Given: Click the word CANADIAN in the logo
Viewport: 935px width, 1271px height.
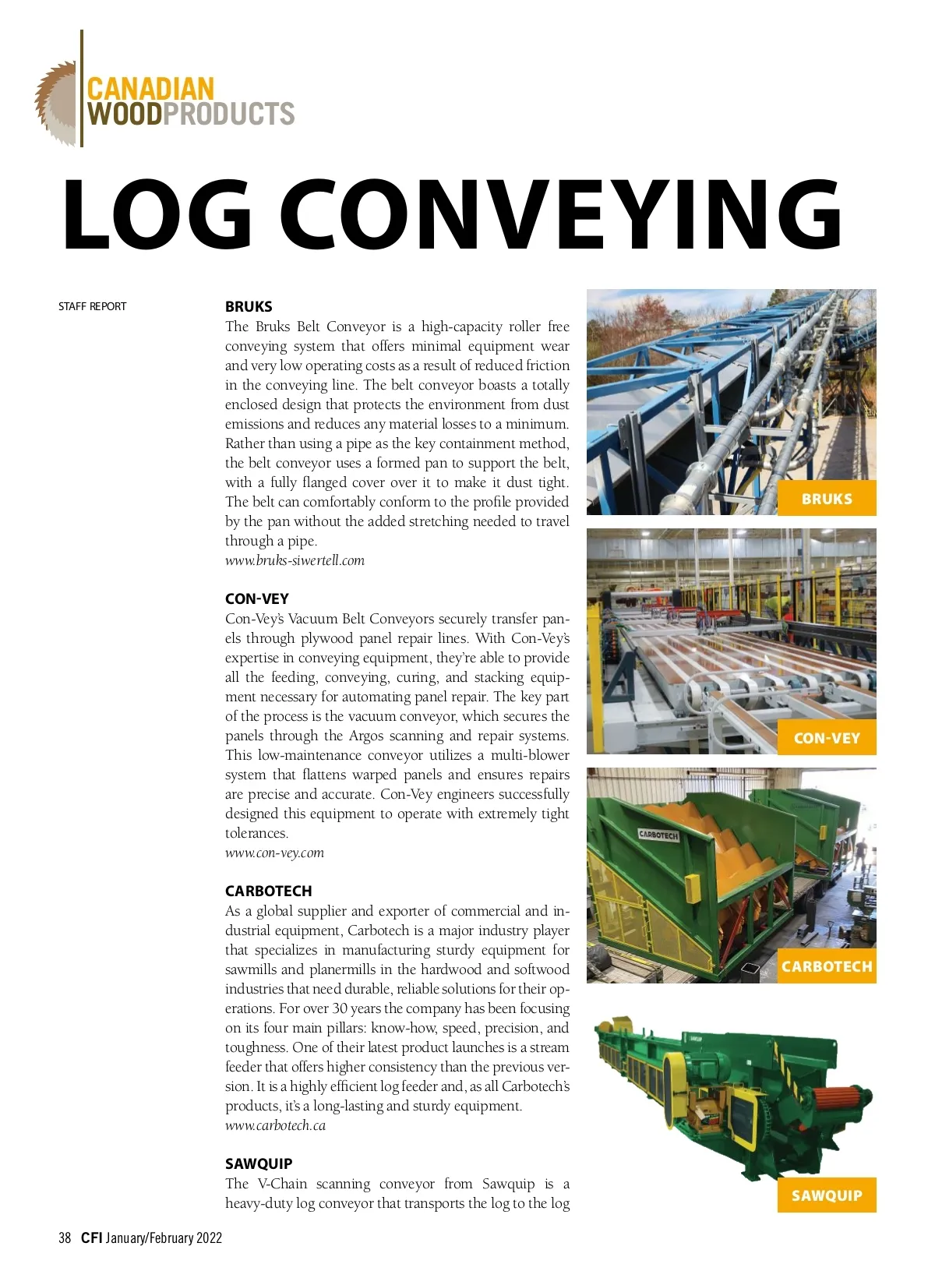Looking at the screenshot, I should [150, 88].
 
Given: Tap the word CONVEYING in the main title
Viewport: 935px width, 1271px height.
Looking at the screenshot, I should [561, 216].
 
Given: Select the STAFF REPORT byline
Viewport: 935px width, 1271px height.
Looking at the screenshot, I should [92, 306].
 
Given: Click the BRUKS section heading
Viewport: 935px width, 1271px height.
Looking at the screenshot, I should [249, 306].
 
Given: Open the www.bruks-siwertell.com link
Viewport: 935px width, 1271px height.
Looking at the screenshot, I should [295, 560].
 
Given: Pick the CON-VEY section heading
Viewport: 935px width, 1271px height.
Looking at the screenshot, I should [256, 598].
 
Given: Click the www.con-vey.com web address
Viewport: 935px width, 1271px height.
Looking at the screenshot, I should [274, 853].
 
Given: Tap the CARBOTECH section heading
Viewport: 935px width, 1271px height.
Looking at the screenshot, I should [268, 891].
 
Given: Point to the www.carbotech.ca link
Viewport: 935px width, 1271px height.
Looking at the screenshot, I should [275, 1125].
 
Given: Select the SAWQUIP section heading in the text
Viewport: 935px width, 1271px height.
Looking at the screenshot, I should [259, 1163].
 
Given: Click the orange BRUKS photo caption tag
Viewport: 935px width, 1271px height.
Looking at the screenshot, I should [827, 499].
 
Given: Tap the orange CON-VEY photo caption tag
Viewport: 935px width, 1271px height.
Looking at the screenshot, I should [827, 738].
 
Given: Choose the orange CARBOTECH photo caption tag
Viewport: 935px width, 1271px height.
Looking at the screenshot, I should [827, 966].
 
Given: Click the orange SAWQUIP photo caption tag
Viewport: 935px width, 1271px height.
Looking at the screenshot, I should [827, 1195].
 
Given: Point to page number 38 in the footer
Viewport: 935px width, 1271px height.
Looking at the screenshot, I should [65, 1237].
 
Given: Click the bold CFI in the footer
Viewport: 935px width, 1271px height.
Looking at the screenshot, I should [91, 1237].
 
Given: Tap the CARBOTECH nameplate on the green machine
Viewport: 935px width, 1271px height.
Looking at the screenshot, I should [658, 835].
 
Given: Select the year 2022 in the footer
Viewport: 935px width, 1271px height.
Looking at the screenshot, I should [209, 1237].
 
